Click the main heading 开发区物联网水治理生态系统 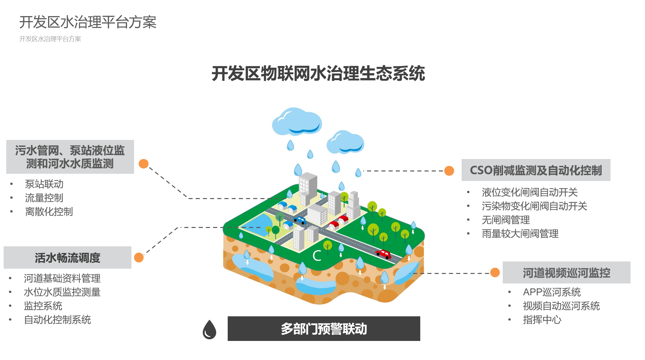tap(318, 73)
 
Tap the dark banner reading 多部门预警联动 tap(324, 328)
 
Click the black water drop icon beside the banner tap(209, 330)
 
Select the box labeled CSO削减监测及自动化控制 tap(536, 170)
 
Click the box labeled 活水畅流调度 tap(67, 258)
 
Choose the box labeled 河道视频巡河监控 tap(566, 273)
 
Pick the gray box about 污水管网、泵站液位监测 tap(70, 157)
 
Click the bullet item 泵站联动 tap(44, 184)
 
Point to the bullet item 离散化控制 tap(49, 212)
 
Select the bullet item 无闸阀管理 tap(505, 220)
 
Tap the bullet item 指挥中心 tap(542, 320)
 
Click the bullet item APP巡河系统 tap(551, 292)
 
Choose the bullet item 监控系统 tap(43, 306)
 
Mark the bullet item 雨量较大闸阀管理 tap(520, 234)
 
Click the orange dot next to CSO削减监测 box tap(449, 171)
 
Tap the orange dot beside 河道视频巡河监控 tap(495, 273)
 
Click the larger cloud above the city tap(297, 122)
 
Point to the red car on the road tap(383, 254)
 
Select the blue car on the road tap(300, 220)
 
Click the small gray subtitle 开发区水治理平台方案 tap(50, 39)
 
